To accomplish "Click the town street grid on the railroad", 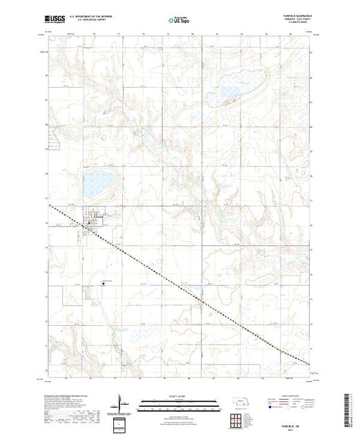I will pos(93,223).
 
